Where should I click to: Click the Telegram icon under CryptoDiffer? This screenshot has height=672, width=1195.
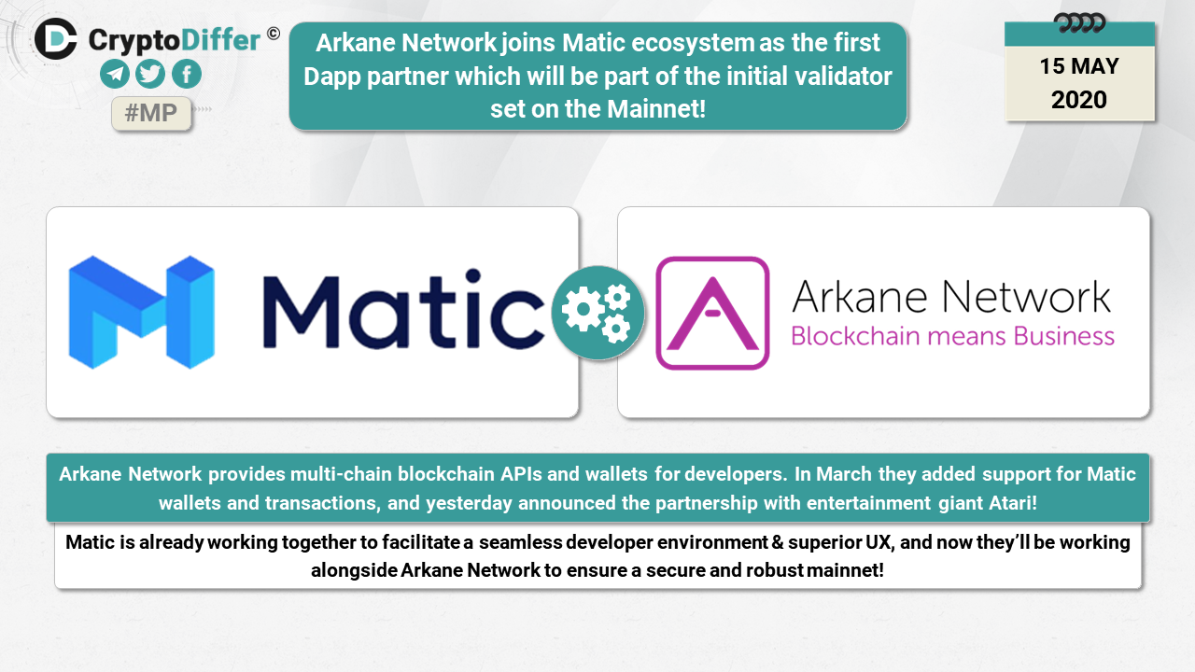tap(115, 74)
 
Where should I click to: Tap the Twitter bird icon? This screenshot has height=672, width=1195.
tap(150, 74)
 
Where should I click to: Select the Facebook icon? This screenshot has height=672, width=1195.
tap(187, 74)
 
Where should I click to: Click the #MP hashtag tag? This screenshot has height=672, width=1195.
tap(151, 113)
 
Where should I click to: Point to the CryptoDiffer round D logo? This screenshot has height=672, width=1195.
tap(55, 39)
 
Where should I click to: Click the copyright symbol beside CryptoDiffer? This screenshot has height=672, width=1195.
tap(274, 35)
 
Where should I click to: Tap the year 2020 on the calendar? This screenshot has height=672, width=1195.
tap(1078, 100)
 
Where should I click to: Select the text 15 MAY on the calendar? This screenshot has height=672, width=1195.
tap(1078, 66)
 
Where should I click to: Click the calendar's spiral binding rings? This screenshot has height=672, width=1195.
tap(1079, 22)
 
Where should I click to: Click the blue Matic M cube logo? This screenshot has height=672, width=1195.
tap(141, 312)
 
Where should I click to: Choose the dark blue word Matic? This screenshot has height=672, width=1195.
tap(404, 312)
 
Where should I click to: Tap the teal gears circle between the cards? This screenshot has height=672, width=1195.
tap(598, 313)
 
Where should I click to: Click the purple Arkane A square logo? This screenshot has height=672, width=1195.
tap(712, 313)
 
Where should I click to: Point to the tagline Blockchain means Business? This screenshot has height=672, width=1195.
tap(952, 337)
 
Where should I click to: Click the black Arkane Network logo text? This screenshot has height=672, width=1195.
tap(951, 296)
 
